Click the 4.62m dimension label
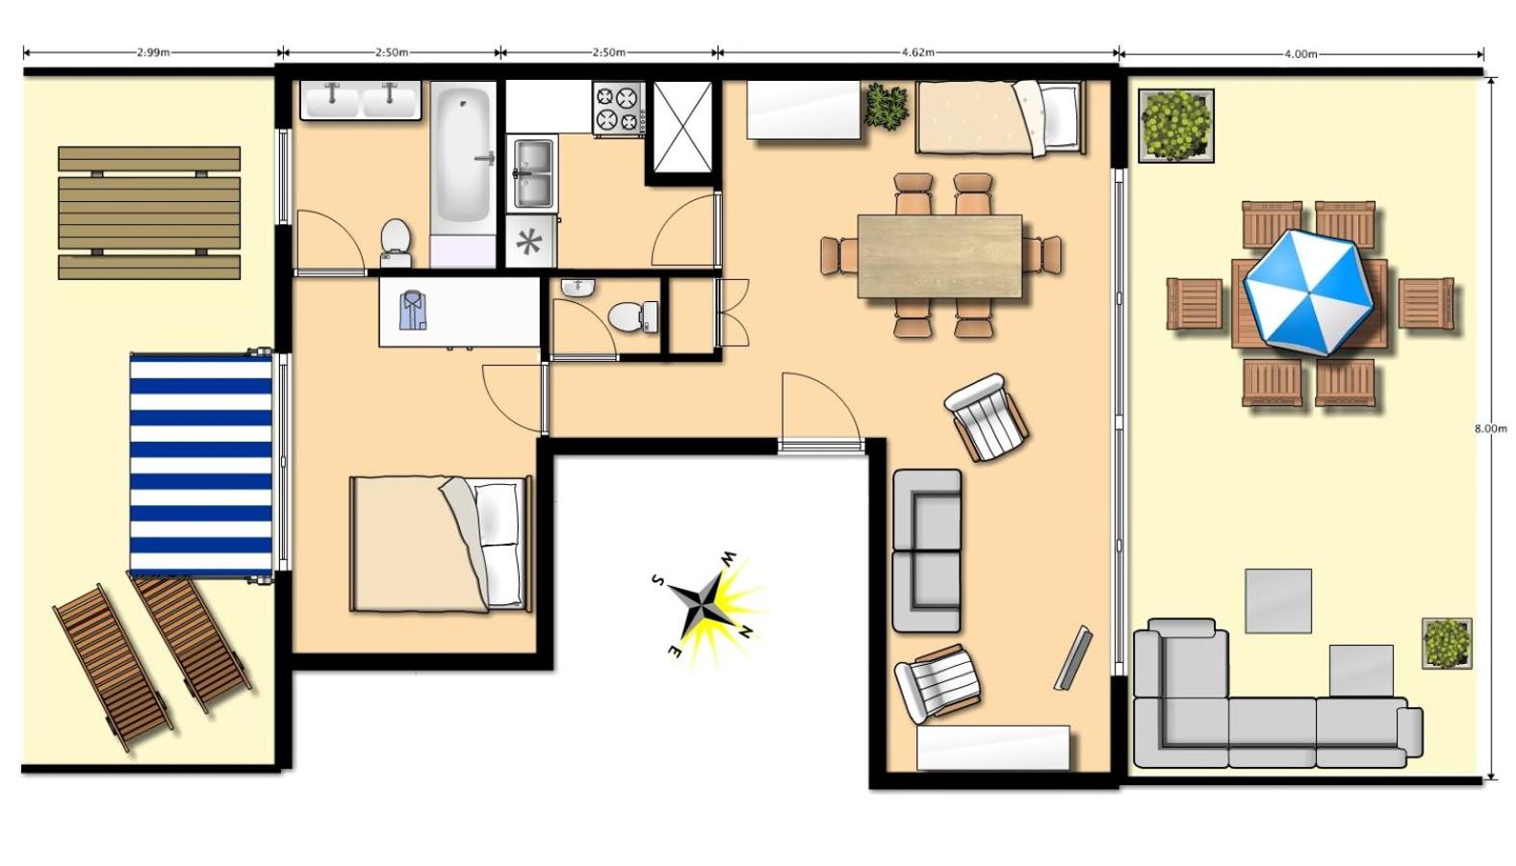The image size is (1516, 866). point(917,52)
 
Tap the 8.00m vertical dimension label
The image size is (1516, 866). point(1491,428)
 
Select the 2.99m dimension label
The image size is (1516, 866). point(153,52)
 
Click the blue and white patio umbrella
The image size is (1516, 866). point(1308,293)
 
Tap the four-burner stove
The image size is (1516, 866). point(619,107)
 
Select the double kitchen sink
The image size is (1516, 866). point(532,172)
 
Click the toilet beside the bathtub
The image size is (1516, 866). point(397,243)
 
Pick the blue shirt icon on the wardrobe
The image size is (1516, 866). point(412,311)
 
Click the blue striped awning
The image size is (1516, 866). point(201,466)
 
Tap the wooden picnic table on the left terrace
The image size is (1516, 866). point(149,213)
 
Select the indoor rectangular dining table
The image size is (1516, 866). point(940,256)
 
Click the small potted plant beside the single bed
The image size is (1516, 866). point(886,105)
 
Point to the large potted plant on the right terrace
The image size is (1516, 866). point(1176,126)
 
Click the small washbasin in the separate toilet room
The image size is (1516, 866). point(578,288)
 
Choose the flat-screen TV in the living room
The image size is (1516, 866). point(1072,657)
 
